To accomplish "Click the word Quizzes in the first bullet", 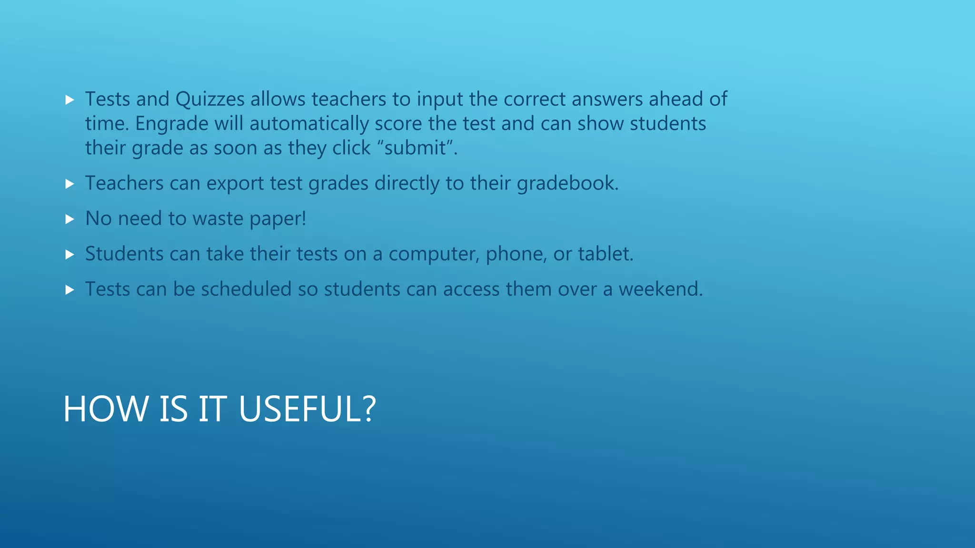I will [210, 99].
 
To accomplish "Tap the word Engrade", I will [171, 124].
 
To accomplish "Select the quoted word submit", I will [415, 148].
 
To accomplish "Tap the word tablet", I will [606, 254].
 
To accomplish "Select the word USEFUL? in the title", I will [307, 409].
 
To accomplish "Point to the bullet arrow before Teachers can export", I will [70, 184].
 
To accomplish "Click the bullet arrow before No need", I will [70, 219].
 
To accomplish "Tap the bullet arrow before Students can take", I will [70, 254].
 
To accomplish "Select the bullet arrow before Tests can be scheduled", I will [70, 290].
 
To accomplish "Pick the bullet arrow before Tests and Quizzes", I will [70, 100].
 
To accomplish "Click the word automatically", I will [309, 124].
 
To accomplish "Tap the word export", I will [235, 184].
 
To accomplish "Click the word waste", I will [218, 219].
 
